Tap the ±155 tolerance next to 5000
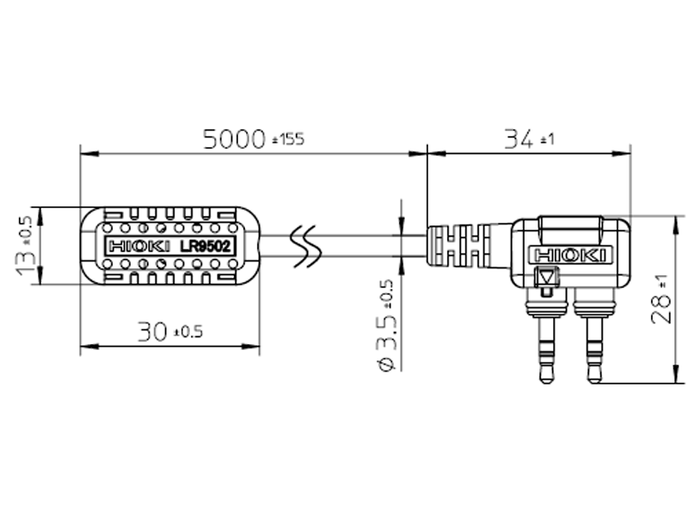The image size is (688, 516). coord(288,140)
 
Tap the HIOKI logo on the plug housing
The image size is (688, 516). coord(570,255)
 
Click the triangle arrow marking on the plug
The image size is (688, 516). coord(548,278)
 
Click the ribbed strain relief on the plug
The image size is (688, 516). coord(460,246)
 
